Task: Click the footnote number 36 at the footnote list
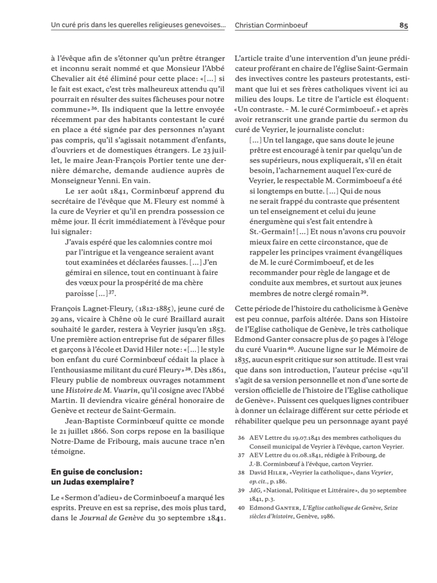pos(241,437)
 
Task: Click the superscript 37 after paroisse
pos(112,293)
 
